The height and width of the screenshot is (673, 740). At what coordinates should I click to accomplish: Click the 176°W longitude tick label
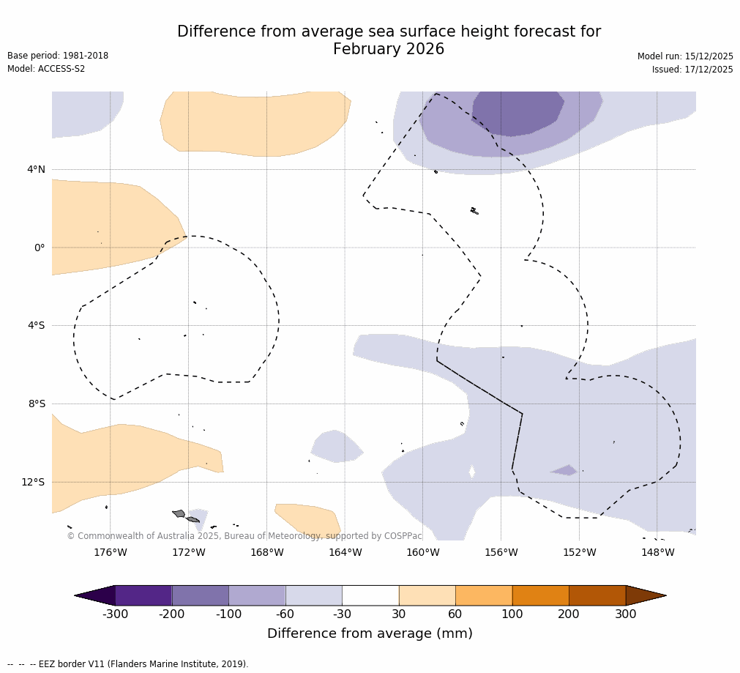[110, 552]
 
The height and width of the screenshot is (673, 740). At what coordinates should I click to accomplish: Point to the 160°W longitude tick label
[423, 552]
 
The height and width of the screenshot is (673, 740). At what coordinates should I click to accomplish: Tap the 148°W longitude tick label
[657, 552]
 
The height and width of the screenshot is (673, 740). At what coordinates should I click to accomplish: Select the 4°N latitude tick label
[36, 169]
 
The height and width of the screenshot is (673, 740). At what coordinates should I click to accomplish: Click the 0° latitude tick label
[40, 248]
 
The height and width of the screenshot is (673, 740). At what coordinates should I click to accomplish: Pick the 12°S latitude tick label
[33, 482]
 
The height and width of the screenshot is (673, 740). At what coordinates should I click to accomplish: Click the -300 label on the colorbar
[115, 614]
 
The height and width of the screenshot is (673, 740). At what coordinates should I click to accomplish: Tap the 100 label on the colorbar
[512, 614]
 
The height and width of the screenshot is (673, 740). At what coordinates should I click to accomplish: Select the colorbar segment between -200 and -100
[200, 595]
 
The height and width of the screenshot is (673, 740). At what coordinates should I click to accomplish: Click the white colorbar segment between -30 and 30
[370, 595]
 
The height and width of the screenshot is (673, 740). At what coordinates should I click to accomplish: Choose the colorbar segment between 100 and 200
[540, 595]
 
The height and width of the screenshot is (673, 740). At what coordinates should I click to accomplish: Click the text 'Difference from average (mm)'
[370, 633]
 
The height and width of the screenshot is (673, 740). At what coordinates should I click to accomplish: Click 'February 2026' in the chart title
[389, 49]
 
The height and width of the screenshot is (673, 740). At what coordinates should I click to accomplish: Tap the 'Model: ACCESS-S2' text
[46, 69]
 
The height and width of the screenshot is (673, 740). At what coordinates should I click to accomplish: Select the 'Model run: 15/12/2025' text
[685, 56]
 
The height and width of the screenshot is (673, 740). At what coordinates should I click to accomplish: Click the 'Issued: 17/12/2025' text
[692, 70]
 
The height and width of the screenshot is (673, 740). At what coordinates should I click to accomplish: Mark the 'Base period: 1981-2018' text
[58, 56]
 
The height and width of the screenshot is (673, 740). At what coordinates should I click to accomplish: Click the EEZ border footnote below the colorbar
[128, 664]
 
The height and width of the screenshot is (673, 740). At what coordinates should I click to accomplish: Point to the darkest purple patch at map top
[518, 112]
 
